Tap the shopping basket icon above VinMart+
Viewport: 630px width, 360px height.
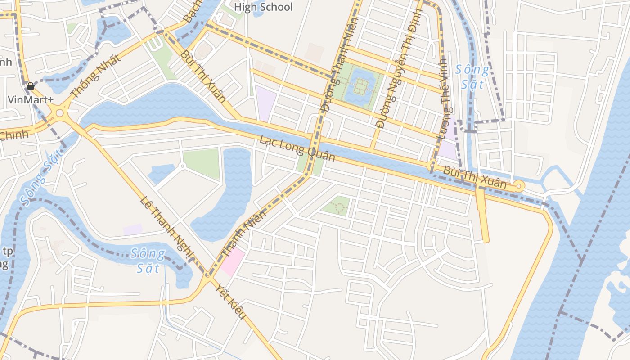(31, 86)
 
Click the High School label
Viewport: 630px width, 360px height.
(263, 7)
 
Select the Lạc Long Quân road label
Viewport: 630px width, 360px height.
(297, 148)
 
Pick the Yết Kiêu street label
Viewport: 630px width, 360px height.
(230, 301)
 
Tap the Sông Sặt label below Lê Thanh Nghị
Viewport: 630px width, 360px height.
(148, 261)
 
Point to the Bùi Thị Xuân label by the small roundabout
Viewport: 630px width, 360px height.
(474, 177)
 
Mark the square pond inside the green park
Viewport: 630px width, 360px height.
(360, 86)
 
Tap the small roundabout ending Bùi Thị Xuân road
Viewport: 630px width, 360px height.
(520, 185)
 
